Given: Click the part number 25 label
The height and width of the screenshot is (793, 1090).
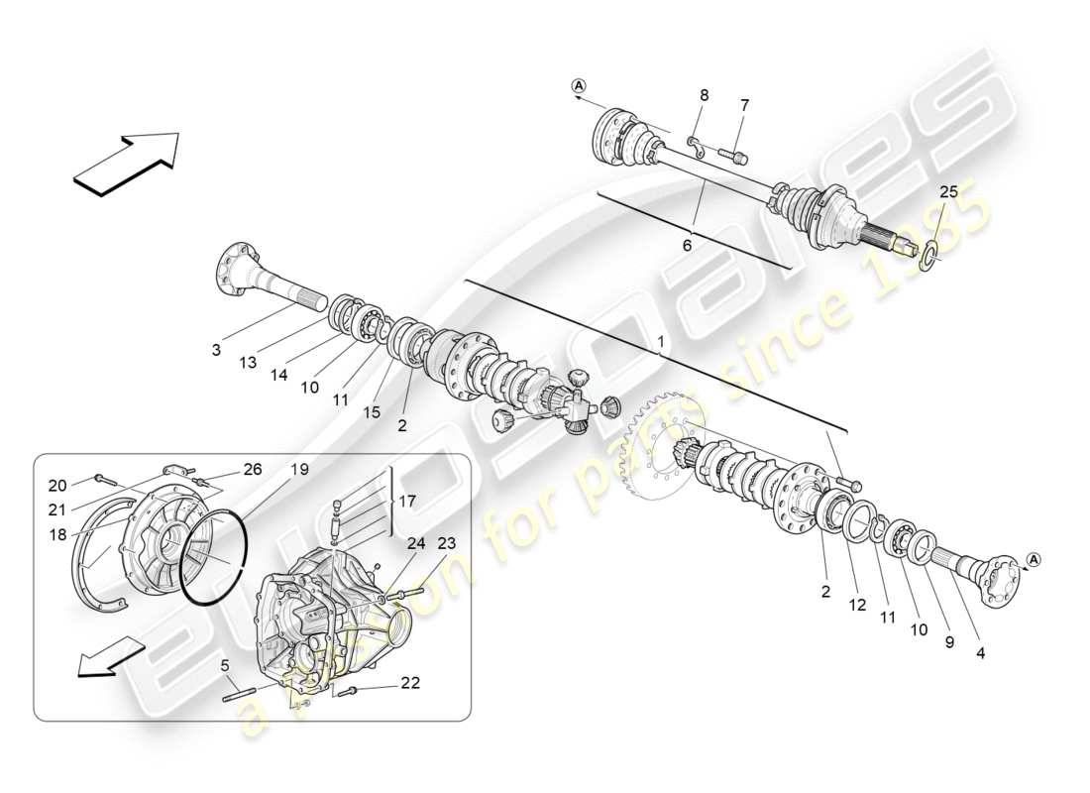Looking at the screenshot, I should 948,192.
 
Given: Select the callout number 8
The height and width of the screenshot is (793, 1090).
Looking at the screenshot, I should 705,96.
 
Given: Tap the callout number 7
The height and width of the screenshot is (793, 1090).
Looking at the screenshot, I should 744,105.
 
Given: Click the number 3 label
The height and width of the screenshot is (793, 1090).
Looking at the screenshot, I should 217,349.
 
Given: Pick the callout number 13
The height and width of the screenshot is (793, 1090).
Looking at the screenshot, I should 248,363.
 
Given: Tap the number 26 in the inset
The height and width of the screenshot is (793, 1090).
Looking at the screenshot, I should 253,470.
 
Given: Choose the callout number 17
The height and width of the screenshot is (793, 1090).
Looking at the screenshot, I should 407,503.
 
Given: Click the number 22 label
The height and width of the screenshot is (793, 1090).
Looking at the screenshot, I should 410,683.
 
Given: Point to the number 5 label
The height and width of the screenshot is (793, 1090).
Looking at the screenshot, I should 226,665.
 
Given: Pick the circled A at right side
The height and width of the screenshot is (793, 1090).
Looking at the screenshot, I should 1033,561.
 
